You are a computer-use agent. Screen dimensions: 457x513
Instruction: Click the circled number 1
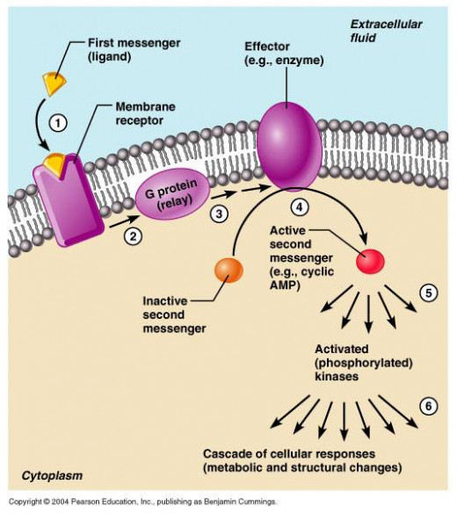[58, 123]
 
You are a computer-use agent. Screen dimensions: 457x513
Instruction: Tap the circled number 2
[133, 236]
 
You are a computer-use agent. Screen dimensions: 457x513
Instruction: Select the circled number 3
[219, 213]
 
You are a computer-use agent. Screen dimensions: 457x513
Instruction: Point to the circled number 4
[300, 206]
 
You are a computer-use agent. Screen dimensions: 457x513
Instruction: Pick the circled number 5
[429, 293]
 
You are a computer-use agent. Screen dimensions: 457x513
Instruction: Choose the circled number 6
[429, 406]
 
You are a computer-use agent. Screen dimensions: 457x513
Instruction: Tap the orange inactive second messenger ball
[228, 270]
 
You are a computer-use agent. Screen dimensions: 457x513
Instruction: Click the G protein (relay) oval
[173, 193]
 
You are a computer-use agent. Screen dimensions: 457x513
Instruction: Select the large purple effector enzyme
[289, 146]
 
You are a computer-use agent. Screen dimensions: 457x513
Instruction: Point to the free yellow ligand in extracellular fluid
[54, 83]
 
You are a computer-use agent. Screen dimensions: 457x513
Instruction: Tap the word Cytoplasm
[52, 475]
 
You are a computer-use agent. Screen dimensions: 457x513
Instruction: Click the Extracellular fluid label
[386, 31]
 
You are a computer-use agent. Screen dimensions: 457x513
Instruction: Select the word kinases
[337, 376]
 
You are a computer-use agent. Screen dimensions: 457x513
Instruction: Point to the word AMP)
[285, 285]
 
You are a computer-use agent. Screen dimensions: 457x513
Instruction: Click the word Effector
[267, 47]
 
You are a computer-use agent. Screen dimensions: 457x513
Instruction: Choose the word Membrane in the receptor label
[145, 106]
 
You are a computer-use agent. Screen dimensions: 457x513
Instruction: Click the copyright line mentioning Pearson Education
[142, 502]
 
